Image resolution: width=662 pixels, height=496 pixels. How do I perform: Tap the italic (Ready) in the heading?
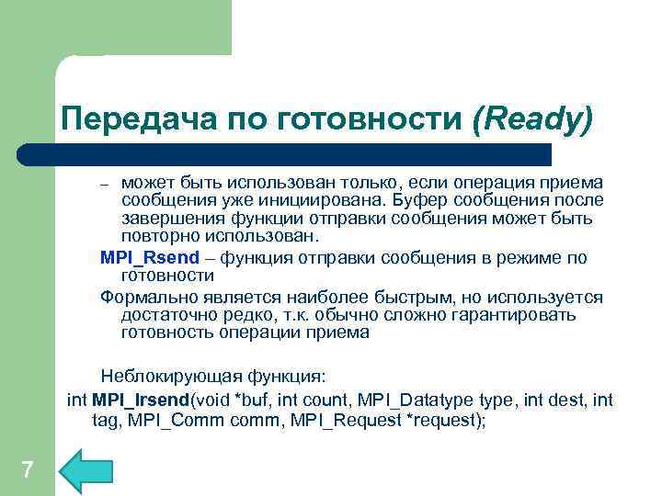coord(532,120)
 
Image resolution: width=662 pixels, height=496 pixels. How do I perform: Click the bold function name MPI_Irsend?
coord(137,400)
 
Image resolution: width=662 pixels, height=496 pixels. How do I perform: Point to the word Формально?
coord(143,298)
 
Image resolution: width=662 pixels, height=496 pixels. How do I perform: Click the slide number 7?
coord(27,471)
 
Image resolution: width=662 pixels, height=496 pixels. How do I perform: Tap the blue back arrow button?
coord(85,471)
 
